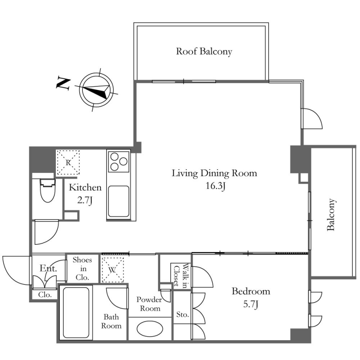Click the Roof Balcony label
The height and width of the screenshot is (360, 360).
coord(204,51)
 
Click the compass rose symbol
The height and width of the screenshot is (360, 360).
coord(96,90)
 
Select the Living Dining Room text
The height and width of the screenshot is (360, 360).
coord(214,173)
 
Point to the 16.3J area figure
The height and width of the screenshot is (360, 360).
coord(215,186)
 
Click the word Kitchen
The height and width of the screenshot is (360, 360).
coord(85,188)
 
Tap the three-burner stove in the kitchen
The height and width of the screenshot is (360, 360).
coord(119,161)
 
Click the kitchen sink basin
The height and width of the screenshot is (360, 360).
coord(118,201)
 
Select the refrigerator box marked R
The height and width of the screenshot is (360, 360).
coord(68,163)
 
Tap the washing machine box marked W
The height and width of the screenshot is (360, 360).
coord(112,270)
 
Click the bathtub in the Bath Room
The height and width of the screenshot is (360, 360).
coord(76,313)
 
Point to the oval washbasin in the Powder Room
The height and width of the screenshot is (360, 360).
coord(150,329)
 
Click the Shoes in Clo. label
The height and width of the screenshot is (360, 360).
coord(82,269)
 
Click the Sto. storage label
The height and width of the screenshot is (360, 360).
coord(183,314)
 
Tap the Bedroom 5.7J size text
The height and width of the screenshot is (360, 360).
coord(251,305)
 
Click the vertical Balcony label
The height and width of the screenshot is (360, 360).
coord(331,215)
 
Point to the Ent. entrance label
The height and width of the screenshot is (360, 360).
coord(48,268)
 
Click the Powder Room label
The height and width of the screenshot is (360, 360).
coord(149,304)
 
